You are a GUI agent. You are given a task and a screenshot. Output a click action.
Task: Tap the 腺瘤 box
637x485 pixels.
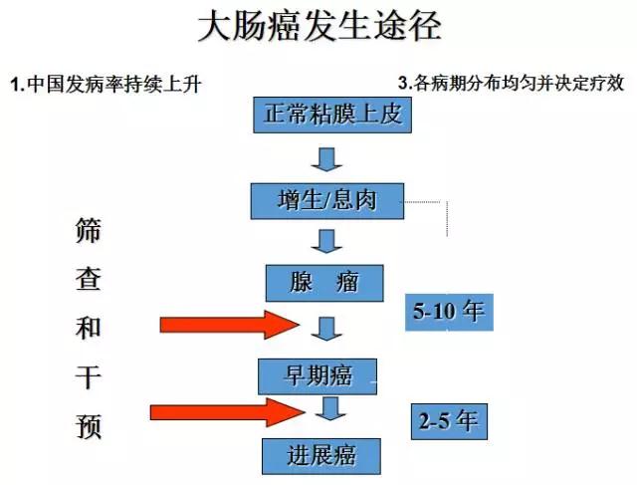[x=324, y=283]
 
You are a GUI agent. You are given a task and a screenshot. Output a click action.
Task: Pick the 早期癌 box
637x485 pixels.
[x=318, y=375]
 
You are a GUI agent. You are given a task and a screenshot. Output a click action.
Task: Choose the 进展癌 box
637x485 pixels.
[x=322, y=456]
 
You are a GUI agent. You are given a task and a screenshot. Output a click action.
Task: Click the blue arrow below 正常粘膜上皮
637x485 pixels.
[x=325, y=157]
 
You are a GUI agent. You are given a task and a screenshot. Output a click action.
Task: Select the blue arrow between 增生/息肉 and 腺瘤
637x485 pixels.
[x=325, y=240]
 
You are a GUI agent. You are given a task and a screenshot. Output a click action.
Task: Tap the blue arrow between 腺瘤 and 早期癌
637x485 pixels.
[x=325, y=326]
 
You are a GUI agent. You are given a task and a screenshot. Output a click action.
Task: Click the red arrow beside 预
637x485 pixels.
[x=226, y=411]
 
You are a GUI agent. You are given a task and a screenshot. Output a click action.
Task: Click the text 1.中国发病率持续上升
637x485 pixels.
[x=106, y=84]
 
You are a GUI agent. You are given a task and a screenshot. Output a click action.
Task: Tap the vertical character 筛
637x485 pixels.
[x=89, y=232]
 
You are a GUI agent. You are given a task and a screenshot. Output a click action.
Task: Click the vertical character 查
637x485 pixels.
[x=89, y=281]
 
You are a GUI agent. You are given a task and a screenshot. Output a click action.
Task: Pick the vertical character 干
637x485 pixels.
[x=89, y=378]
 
